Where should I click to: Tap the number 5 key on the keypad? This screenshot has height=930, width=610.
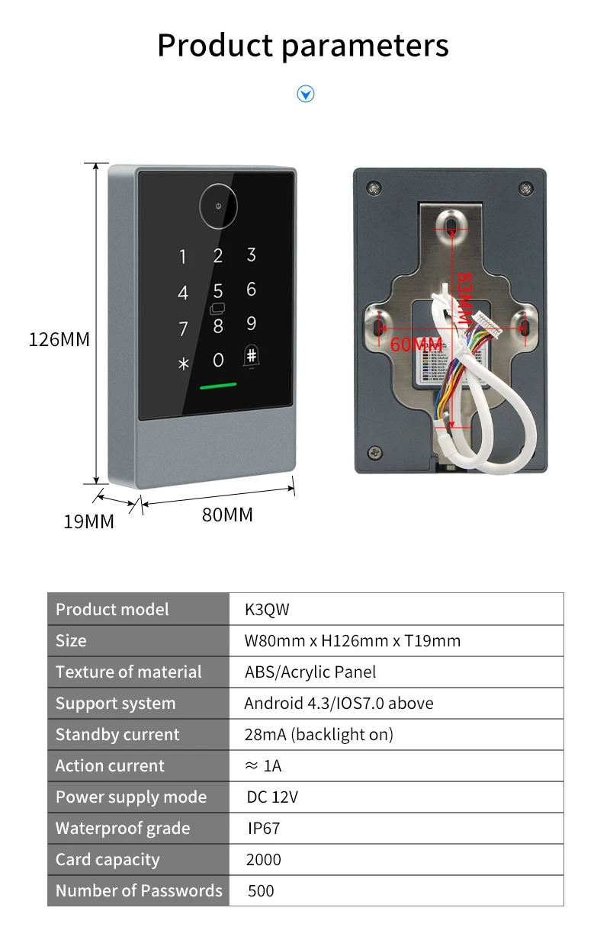tap(218, 291)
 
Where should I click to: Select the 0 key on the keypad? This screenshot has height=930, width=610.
tap(218, 360)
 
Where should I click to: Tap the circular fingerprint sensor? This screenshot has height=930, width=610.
tap(219, 206)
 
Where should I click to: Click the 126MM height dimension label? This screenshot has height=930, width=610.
tap(59, 340)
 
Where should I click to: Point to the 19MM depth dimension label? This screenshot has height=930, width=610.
tap(88, 522)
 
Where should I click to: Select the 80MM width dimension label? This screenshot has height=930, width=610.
tap(226, 515)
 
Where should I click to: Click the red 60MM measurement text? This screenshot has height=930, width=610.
tap(416, 345)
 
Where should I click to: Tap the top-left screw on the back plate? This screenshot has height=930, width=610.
tap(374, 188)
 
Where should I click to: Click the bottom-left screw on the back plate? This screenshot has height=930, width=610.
tap(374, 452)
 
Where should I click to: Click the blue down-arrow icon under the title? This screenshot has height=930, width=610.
tap(305, 95)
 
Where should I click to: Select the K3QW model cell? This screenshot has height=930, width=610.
tap(267, 610)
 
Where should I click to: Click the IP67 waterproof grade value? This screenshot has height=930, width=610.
tap(264, 829)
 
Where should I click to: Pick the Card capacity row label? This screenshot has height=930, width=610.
tap(108, 860)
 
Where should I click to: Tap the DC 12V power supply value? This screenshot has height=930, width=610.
tap(272, 797)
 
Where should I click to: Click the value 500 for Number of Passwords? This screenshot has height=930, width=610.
tap(261, 891)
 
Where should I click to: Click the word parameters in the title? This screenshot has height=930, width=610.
tap(365, 46)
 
